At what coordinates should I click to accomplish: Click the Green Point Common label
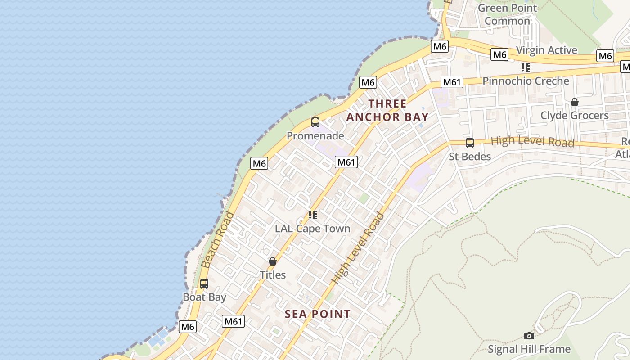(507, 14)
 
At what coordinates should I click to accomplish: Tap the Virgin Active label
(546, 50)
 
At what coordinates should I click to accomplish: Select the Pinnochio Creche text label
(526, 81)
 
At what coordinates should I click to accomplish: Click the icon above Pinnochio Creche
(525, 67)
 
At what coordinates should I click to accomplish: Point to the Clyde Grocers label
(574, 115)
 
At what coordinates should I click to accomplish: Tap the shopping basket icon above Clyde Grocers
(574, 102)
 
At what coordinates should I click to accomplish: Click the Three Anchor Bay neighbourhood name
(387, 110)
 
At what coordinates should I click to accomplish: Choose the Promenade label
(315, 135)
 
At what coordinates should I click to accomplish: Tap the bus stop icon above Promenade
(315, 122)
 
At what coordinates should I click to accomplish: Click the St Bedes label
(469, 156)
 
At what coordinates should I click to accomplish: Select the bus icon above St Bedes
(469, 143)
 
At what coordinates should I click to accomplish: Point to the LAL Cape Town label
(312, 228)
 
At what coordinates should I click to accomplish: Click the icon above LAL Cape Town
(312, 215)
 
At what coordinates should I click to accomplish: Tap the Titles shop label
(272, 274)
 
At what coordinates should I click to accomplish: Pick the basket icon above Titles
(272, 261)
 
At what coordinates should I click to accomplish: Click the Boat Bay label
(204, 297)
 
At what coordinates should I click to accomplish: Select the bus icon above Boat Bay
(204, 284)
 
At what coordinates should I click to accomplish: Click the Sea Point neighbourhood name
(317, 314)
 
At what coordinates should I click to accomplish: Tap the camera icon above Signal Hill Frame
(529, 336)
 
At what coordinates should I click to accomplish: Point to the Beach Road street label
(218, 240)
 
